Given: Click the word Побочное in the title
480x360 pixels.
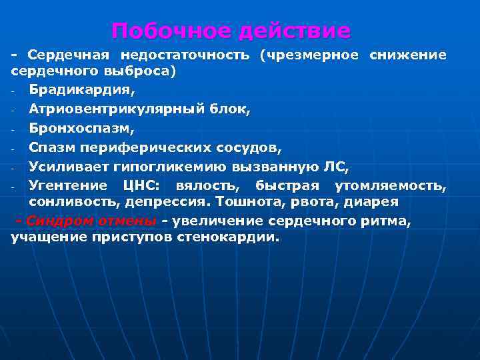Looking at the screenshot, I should [171, 31].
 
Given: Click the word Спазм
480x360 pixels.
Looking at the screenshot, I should [51, 147].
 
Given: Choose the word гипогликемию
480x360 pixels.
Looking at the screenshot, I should [183, 165].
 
